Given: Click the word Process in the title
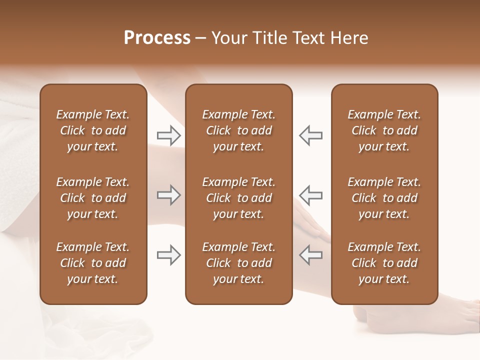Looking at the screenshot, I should (x=157, y=38).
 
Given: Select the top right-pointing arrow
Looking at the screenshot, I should (x=169, y=135).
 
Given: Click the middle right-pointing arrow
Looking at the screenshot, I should (x=169, y=195).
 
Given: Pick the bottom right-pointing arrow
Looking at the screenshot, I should (x=169, y=255).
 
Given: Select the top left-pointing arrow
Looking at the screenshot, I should (x=310, y=135).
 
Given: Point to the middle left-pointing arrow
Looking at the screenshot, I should (x=310, y=195).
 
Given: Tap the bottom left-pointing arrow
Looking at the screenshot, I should (x=310, y=255).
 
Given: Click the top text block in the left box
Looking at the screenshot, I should (x=93, y=130).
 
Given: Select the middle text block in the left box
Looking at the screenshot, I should (x=93, y=198).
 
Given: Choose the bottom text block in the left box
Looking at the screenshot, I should (x=93, y=263).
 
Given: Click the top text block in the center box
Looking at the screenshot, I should (x=238, y=130).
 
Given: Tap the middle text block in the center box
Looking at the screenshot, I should (x=238, y=198).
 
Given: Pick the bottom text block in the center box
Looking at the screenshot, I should (x=238, y=263).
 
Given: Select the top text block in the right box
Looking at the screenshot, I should (x=384, y=130).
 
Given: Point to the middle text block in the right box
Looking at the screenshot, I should (x=384, y=198).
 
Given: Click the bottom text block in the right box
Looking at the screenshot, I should (x=384, y=263).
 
